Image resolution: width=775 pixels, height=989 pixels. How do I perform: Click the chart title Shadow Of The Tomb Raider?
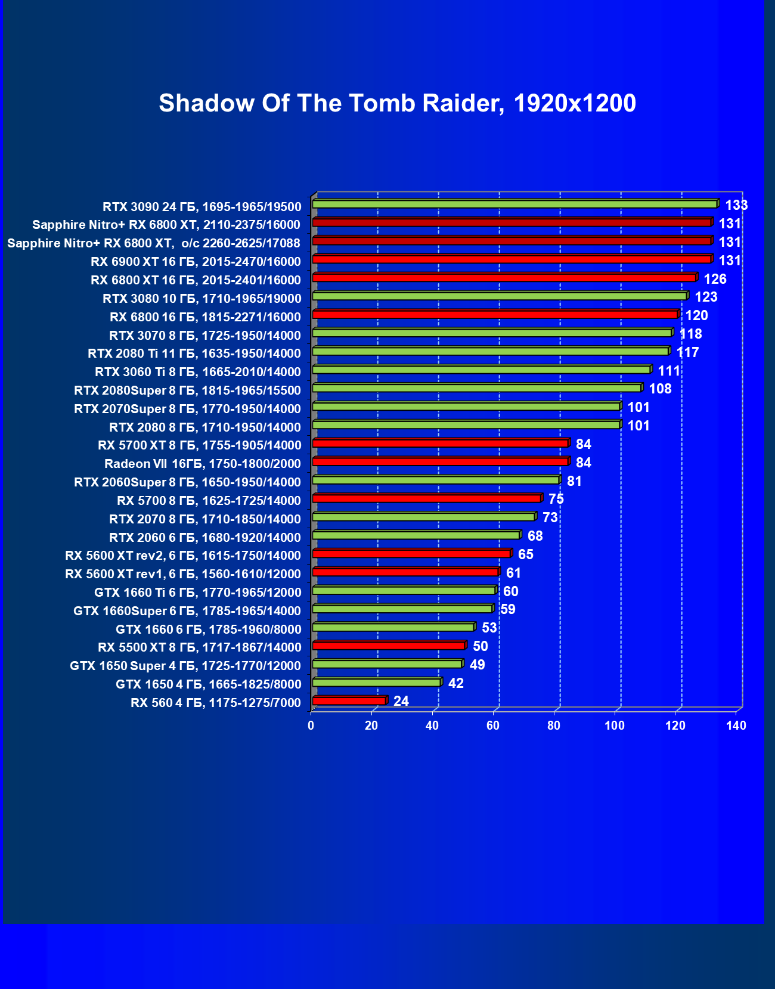coord(397,103)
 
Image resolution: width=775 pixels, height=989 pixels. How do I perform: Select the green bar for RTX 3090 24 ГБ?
coord(514,204)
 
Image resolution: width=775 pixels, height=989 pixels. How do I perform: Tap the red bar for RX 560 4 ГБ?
coord(349,701)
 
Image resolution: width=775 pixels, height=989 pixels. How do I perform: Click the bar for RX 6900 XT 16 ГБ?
coord(512,259)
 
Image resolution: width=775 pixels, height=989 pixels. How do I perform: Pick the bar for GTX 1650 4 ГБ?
coord(377,683)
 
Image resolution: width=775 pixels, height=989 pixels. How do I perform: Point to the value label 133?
coord(736,205)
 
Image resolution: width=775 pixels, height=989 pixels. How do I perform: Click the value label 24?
coord(401,701)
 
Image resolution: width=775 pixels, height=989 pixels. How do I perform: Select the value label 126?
coord(715,279)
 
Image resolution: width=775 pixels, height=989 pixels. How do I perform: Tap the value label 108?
coord(660,389)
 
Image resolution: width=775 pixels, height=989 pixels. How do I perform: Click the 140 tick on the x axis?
coord(736,726)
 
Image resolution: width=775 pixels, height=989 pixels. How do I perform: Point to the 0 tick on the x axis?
coord(311,726)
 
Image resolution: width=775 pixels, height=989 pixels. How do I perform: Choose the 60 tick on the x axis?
coord(493,726)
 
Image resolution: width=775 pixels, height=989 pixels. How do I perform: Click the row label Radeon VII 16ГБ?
coord(202,464)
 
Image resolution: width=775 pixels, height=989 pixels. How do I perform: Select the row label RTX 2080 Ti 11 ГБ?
coord(194,354)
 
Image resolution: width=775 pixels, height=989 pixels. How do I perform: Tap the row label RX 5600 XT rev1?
coord(182,574)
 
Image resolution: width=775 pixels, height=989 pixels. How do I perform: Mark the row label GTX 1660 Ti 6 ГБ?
coord(197,593)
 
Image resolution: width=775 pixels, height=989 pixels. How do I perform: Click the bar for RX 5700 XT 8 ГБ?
coord(441,444)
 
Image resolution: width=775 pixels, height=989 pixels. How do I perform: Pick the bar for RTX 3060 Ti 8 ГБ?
coord(481,370)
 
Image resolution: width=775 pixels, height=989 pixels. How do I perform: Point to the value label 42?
coord(455,683)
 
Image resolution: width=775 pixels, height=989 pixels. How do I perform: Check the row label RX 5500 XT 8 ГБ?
coord(199,647)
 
